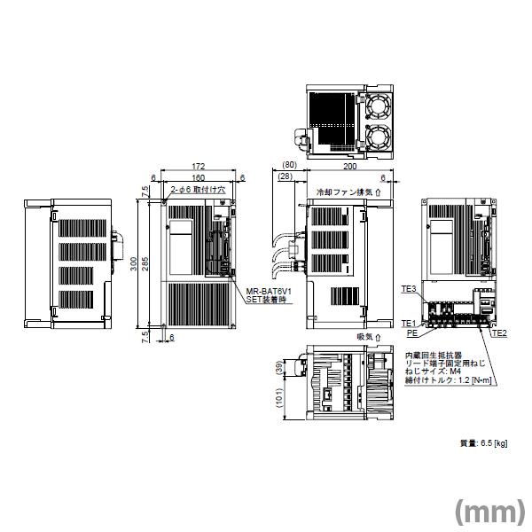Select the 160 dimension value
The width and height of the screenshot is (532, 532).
[x=197, y=176]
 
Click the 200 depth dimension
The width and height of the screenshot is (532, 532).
[x=350, y=166]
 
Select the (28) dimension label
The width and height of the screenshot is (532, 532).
[x=285, y=177]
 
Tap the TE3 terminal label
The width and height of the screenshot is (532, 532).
[x=409, y=289]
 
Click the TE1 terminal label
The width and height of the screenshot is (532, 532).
[x=409, y=323]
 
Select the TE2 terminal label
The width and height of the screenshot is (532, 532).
[x=498, y=333]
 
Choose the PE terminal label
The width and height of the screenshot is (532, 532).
[x=412, y=335]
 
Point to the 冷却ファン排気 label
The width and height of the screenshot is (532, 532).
[x=345, y=191]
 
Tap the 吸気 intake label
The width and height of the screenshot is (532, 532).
[x=364, y=337]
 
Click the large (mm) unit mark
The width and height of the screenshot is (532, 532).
[x=489, y=512]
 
